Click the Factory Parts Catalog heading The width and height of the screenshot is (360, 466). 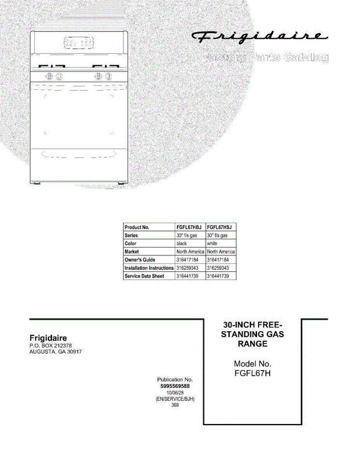click(x=265, y=58)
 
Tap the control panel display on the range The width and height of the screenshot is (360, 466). click(x=79, y=43)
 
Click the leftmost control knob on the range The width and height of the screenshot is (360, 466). click(x=50, y=76)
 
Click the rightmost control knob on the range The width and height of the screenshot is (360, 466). click(x=110, y=76)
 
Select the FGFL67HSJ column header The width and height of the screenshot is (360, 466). click(x=220, y=227)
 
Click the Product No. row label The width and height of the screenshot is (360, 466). click(x=137, y=227)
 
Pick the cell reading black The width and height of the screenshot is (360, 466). click(x=182, y=243)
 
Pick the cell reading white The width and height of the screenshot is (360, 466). click(x=212, y=243)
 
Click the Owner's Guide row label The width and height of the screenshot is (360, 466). click(x=140, y=260)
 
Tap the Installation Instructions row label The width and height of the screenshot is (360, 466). click(x=149, y=268)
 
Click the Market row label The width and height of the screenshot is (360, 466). click(x=132, y=252)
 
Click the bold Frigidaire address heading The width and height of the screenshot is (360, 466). click(x=48, y=338)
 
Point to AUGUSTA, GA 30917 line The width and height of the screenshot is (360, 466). click(x=56, y=352)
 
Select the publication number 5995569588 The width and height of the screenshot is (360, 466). click(x=175, y=386)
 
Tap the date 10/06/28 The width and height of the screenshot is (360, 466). click(x=175, y=393)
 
